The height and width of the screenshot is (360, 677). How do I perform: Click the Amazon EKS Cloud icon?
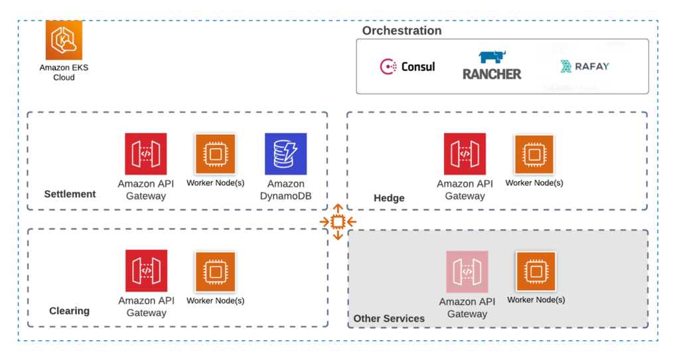tap(64, 40)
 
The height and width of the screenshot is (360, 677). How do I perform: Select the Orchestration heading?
tap(402, 31)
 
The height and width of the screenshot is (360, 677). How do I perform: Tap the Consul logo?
tap(408, 66)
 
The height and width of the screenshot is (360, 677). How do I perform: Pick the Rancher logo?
tap(492, 66)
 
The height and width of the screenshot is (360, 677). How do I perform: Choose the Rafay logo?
tap(584, 66)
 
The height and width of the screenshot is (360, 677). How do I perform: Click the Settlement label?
tap(70, 194)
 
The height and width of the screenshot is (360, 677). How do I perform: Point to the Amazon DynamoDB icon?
tap(285, 154)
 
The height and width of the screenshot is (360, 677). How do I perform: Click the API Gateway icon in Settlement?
tap(146, 154)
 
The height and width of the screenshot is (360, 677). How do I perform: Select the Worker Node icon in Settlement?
tap(215, 154)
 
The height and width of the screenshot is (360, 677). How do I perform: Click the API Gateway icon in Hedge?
tap(465, 154)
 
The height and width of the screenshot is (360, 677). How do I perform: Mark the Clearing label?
tap(69, 311)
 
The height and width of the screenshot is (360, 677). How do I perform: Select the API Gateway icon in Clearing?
tap(146, 271)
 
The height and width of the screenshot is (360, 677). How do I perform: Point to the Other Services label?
tap(389, 318)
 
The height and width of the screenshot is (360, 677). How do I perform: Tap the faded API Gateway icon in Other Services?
tap(467, 272)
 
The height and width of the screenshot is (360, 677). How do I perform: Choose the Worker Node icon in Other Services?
tap(536, 271)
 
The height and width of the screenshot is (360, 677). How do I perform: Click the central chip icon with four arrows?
tap(338, 221)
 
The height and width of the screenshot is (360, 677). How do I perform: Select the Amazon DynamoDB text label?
tap(285, 190)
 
